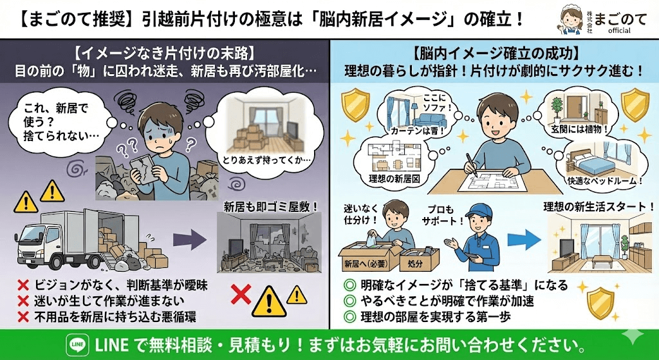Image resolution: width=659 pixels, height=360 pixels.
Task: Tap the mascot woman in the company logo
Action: coord(571,21)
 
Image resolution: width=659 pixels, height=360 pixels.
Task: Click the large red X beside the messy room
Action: coord(240,294)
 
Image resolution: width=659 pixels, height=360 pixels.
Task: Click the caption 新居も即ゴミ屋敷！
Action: coord(271,207)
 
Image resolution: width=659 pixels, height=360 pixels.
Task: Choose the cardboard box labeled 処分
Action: coord(419,262)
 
